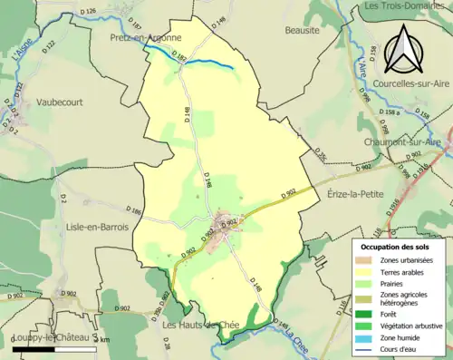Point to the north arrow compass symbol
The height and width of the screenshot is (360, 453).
tap(404, 50)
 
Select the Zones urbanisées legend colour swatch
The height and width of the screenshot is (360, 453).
tap(365, 261)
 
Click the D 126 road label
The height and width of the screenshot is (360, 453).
tap(88, 11)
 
